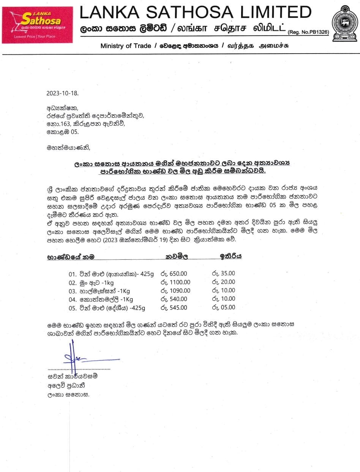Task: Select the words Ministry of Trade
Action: coord(125,46)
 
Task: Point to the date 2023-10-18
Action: coord(63,93)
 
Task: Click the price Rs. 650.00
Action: coord(174,274)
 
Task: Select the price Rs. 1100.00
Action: coord(175,282)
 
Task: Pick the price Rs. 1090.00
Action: coord(175,291)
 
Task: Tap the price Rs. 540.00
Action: coord(174,299)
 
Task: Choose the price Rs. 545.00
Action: coord(174,308)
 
